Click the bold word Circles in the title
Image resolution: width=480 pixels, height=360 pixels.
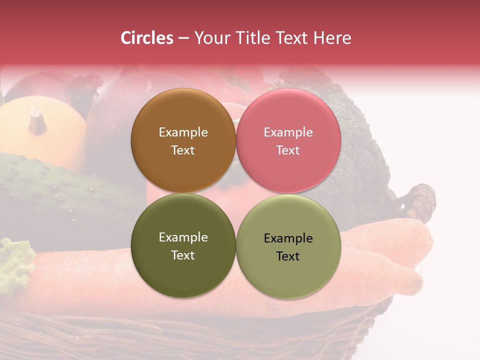pyautogui.click(x=147, y=38)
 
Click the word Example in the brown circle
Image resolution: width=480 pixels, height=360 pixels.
pyautogui.click(x=183, y=132)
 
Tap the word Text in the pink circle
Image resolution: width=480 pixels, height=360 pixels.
pyautogui.click(x=288, y=150)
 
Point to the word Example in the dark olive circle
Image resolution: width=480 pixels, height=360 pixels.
pyautogui.click(x=183, y=237)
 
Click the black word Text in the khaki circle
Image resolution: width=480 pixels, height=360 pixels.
pyautogui.click(x=288, y=256)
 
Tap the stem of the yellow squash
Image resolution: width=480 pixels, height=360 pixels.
pyautogui.click(x=36, y=121)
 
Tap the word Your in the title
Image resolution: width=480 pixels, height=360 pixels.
pyautogui.click(x=210, y=38)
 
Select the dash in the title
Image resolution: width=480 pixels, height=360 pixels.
pyautogui.click(x=183, y=38)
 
